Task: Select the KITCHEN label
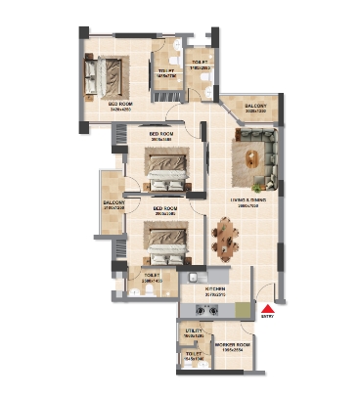coord(214,289)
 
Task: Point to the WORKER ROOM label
coord(233,346)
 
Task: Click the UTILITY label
coord(193,332)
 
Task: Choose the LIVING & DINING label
coord(248,200)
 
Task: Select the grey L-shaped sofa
coord(265,152)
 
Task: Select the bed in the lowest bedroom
coord(161,238)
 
